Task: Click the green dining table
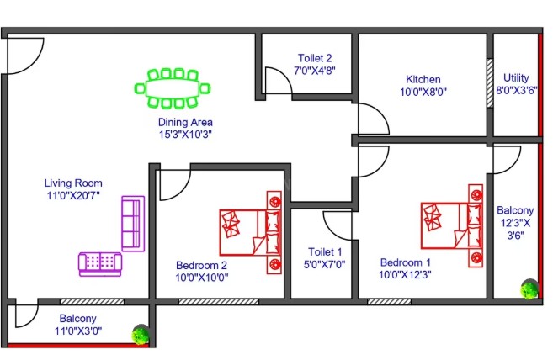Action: [x=173, y=88]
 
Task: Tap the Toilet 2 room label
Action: [x=315, y=58]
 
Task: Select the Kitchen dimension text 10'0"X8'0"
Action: [x=423, y=92]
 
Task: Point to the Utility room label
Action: [x=516, y=78]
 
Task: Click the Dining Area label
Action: [x=185, y=122]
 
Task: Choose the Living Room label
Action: [x=73, y=183]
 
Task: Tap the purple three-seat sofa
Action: [x=133, y=224]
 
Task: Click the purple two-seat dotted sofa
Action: [x=100, y=264]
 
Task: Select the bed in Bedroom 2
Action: [x=250, y=232]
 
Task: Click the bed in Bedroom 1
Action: [x=451, y=225]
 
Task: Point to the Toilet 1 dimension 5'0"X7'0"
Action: [x=324, y=264]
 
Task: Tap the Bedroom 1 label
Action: [x=405, y=262]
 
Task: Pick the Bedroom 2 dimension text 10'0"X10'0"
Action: [x=202, y=278]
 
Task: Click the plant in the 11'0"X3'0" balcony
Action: [x=141, y=335]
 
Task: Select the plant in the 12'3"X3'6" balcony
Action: [x=529, y=289]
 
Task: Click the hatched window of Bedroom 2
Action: [x=219, y=302]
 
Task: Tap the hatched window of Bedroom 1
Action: [x=389, y=302]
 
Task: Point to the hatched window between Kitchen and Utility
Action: [x=490, y=82]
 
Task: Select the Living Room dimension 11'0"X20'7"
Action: [x=73, y=195]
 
